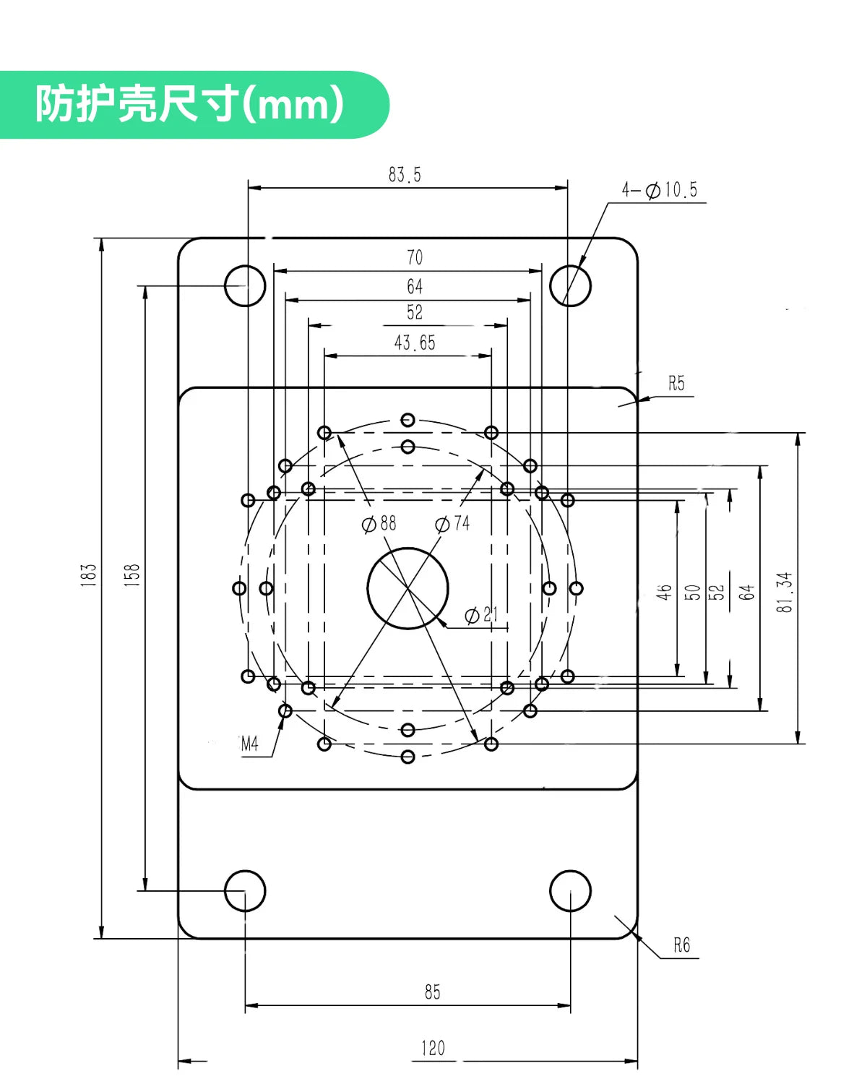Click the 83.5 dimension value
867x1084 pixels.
(404, 175)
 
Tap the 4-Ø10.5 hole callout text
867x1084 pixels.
(659, 190)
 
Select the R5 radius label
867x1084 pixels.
(676, 383)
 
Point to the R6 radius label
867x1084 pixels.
(681, 945)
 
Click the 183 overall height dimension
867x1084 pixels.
(88, 575)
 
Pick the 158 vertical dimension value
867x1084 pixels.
(131, 575)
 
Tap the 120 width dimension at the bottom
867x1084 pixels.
(433, 1049)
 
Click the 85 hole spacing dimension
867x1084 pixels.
(432, 991)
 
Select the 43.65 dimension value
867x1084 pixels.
(415, 343)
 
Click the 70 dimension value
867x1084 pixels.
(415, 257)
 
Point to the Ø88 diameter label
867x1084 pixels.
(379, 523)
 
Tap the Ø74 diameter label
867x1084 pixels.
(452, 523)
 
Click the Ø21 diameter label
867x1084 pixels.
(481, 614)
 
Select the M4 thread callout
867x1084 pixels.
(249, 744)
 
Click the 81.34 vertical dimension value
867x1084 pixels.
(785, 593)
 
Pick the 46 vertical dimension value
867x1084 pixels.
(664, 593)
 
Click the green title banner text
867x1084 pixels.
(190, 104)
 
